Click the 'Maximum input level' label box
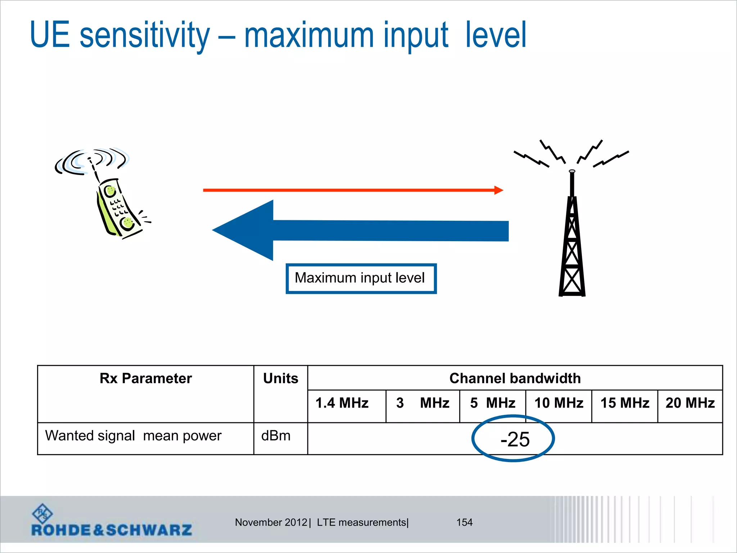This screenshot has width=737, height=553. (361, 278)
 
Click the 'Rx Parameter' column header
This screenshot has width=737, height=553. (146, 378)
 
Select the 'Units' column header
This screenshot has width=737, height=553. (281, 378)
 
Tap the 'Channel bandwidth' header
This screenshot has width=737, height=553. (515, 378)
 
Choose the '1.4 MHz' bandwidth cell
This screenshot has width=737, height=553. (342, 403)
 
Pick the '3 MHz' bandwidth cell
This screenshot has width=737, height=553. (423, 403)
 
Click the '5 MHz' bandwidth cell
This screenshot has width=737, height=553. (493, 403)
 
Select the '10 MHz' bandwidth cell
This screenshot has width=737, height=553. (559, 403)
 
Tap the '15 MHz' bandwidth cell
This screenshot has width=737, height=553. (625, 403)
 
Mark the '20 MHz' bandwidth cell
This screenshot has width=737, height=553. (690, 403)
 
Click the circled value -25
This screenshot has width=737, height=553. (515, 439)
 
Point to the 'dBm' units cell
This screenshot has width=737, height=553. (276, 436)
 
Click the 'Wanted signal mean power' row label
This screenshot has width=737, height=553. (133, 436)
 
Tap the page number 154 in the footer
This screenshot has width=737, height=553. (464, 522)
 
